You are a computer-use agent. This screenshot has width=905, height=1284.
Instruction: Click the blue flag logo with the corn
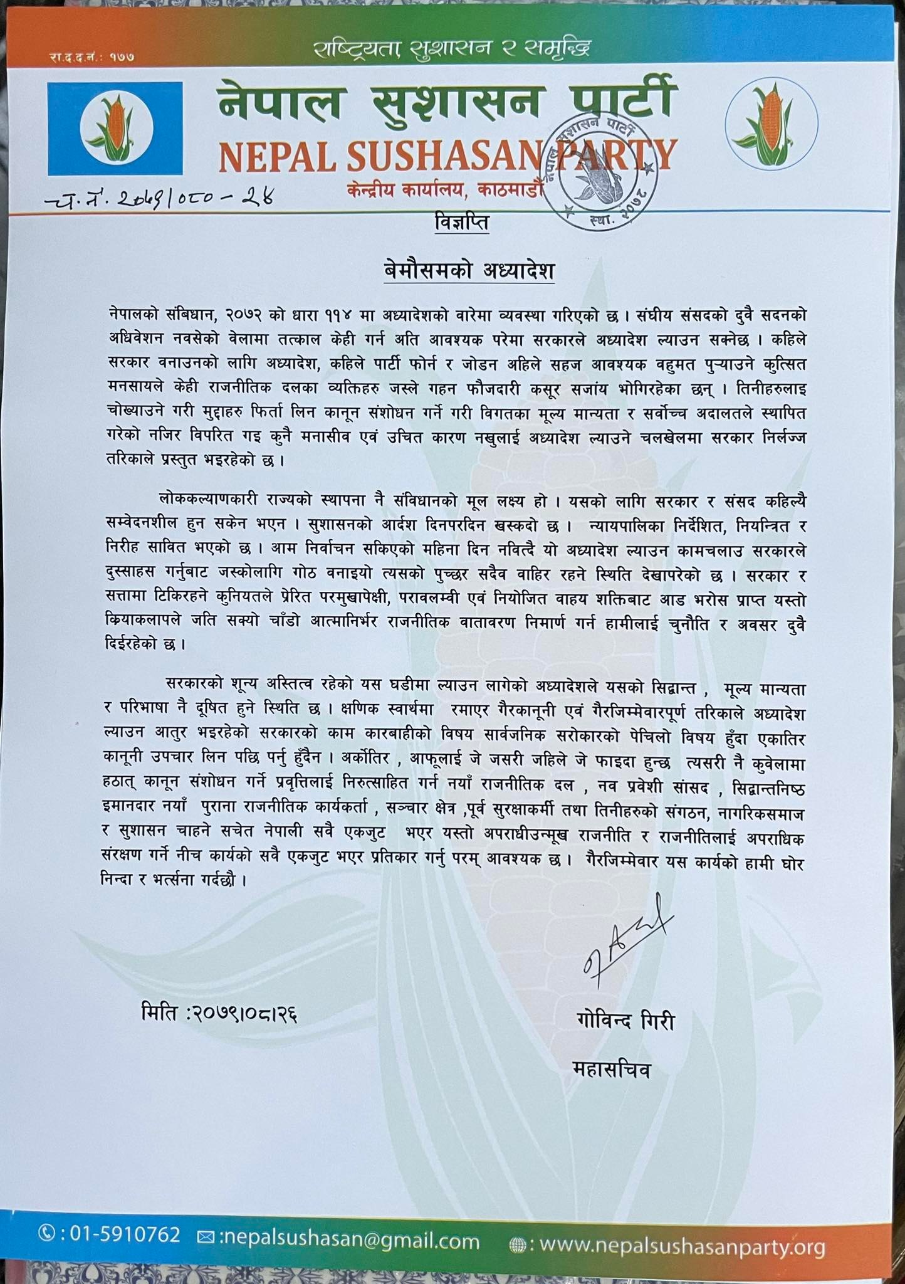115,128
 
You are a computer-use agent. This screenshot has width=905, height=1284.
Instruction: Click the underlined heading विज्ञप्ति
461,223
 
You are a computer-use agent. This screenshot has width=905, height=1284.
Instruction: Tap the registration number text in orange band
92,57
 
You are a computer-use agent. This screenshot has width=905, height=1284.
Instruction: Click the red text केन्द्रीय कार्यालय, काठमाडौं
442,189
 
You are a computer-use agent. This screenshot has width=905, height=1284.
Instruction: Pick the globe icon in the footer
518,1242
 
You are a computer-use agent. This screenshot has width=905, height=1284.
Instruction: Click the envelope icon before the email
206,1237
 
